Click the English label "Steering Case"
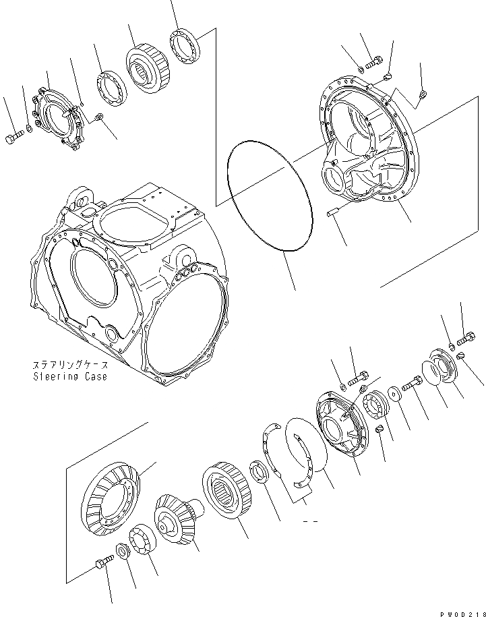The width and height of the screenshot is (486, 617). (69, 377)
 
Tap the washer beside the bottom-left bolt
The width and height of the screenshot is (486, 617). (123, 551)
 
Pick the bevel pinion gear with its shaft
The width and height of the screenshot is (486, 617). (177, 516)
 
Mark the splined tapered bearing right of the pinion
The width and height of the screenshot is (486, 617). (227, 491)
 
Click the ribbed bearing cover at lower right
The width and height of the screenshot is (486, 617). (340, 429)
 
